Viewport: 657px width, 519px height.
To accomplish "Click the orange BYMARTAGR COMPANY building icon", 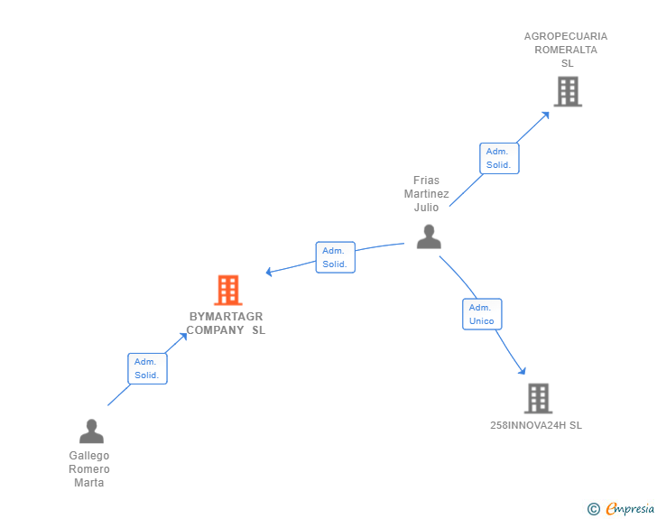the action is (228, 290).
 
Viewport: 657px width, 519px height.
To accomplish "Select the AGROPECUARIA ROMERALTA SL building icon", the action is (568, 91).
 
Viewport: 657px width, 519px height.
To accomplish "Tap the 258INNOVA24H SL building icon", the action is (539, 398).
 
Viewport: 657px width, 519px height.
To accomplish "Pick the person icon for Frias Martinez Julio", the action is (429, 236).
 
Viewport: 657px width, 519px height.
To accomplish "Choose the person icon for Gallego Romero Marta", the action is (91, 431).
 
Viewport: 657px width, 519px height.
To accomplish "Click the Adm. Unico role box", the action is (482, 314).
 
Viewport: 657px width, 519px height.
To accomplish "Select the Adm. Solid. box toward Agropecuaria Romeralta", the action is (499, 158).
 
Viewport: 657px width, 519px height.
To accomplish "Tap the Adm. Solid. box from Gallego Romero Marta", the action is (147, 368).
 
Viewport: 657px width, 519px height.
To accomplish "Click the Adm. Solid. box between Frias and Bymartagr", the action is (335, 257).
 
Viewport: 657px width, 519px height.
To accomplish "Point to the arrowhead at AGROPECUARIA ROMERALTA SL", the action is (545, 115).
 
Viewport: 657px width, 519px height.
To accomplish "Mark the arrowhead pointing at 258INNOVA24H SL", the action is (522, 371).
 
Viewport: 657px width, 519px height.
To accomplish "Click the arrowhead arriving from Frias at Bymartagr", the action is (269, 272).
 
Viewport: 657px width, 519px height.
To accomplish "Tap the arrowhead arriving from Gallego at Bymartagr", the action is (183, 336).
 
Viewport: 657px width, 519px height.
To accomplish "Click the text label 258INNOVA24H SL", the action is (536, 425).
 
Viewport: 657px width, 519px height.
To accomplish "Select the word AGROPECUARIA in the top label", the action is (566, 36).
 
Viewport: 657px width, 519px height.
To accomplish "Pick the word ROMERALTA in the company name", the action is (566, 50).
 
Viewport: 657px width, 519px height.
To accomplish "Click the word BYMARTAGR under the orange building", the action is (226, 316).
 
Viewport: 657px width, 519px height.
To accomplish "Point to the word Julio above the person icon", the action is (426, 207).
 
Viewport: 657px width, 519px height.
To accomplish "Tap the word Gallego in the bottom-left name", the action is (88, 455).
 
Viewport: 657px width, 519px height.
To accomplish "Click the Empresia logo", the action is (621, 508).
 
